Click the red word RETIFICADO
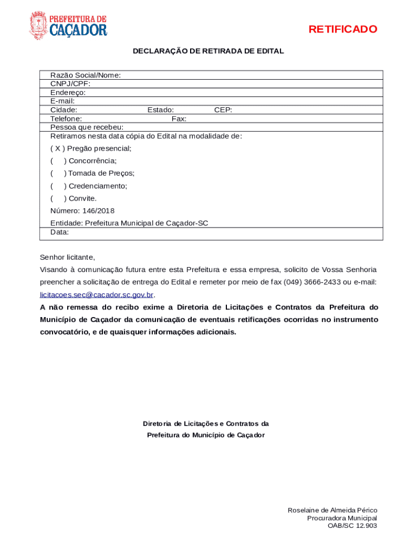pyautogui.click(x=343, y=29)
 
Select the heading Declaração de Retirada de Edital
pyautogui.click(x=208, y=51)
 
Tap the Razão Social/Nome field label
pyautogui.click(x=86, y=75)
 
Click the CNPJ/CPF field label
pyautogui.click(x=70, y=84)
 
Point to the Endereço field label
pyautogui.click(x=68, y=93)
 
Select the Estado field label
pyautogui.click(x=160, y=110)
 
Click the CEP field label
pyautogui.click(x=223, y=110)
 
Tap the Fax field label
pyautogui.click(x=179, y=119)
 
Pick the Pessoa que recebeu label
pyautogui.click(x=83, y=127)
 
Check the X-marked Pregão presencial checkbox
pyautogui.click(x=57, y=149)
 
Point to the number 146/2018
pyautogui.click(x=98, y=211)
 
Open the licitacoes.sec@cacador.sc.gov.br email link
pyautogui.click(x=97, y=295)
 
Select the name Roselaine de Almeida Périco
pyautogui.click(x=332, y=511)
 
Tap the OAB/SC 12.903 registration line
pyautogui.click(x=352, y=526)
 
